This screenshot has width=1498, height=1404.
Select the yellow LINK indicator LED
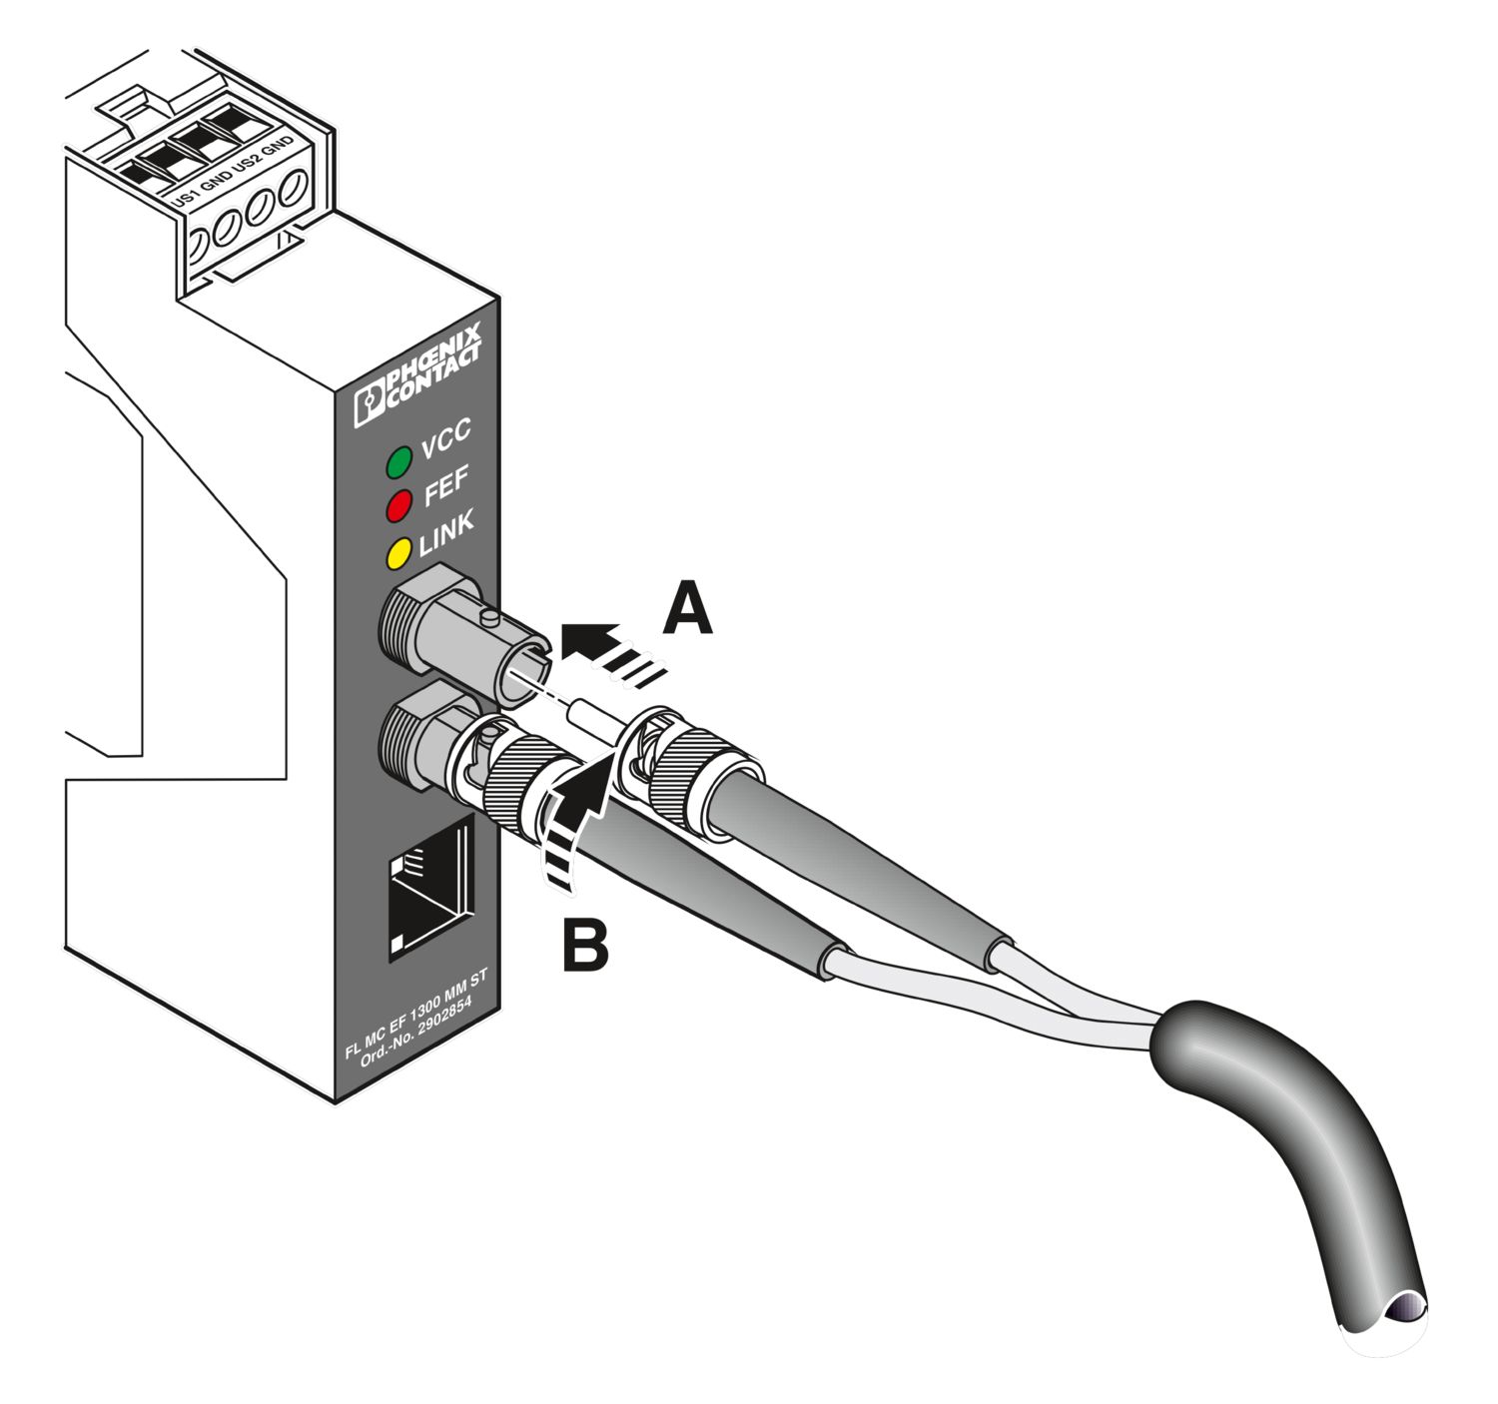(399, 551)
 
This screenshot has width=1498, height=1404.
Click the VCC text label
(445, 439)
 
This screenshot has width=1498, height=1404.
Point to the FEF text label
(445, 487)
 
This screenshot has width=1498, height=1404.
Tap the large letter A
(688, 610)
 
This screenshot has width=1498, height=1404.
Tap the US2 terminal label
(246, 165)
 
